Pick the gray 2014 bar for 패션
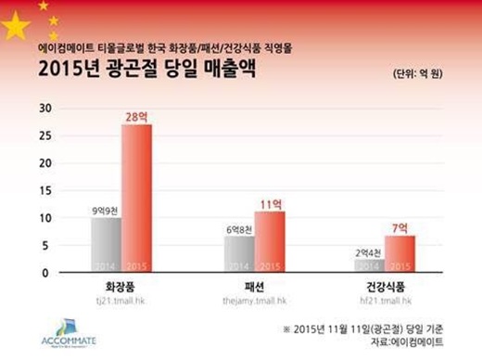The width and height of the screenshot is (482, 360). click(239, 254)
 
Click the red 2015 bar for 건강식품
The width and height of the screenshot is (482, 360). click(400, 254)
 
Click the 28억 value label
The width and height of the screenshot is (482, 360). click(135, 115)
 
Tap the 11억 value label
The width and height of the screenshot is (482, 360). click(270, 202)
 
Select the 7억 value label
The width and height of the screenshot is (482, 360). click(400, 226)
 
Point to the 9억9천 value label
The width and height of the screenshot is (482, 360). click(105, 209)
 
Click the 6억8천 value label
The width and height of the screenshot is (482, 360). click(238, 227)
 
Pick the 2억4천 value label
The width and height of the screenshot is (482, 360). click(368, 251)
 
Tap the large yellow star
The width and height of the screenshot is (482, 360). click(17, 27)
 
